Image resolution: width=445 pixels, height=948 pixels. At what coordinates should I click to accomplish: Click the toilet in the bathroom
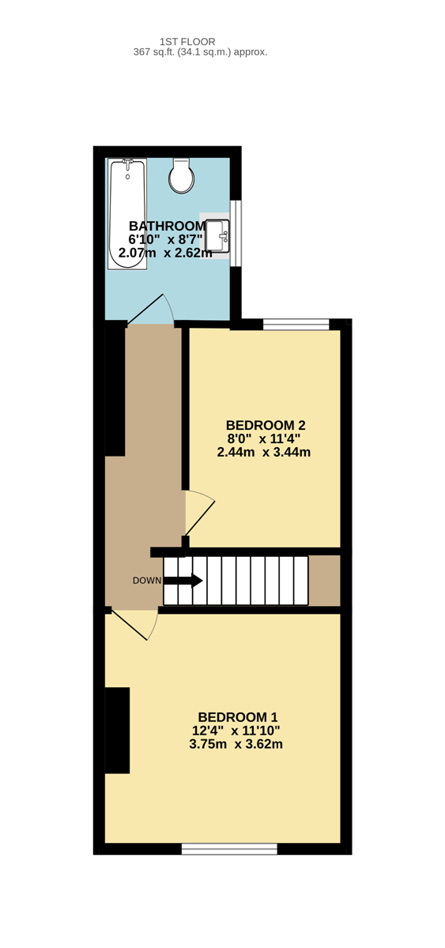point(182,175)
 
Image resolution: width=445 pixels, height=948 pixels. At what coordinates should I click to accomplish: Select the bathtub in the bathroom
point(127,214)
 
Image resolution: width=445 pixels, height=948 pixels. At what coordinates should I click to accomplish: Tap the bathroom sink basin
point(217,235)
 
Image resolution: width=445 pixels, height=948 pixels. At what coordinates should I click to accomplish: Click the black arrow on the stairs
point(183,580)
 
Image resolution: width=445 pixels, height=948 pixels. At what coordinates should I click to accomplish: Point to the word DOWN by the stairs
point(147,581)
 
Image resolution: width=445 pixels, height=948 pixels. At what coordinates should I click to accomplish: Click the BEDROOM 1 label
point(238,717)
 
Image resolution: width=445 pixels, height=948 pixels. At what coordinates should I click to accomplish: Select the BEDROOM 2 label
point(266,425)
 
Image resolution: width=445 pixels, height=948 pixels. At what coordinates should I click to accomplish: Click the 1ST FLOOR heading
point(187,41)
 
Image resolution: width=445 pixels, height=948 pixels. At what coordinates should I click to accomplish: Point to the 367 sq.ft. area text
point(200,52)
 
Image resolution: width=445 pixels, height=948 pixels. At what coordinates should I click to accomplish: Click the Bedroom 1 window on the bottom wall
point(229,848)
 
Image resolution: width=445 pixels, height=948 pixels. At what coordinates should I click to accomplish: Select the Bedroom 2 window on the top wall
point(296,324)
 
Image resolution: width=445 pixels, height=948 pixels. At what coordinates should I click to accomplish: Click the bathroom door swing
point(151,309)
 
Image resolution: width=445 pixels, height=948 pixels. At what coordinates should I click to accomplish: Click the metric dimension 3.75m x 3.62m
point(236,744)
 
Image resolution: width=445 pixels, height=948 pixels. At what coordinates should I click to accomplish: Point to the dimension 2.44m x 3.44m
point(264,452)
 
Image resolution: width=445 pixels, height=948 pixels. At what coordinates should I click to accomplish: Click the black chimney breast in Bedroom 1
point(117,731)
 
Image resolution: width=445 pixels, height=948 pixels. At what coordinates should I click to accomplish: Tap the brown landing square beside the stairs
point(324,580)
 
